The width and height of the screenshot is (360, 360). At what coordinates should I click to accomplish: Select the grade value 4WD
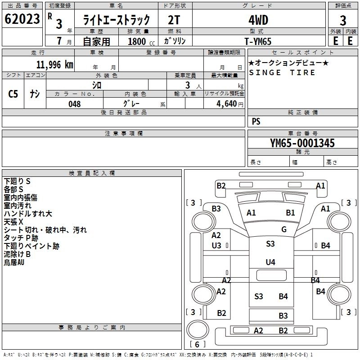coord(258,20)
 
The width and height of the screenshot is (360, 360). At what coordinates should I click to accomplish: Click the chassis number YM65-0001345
coord(302,143)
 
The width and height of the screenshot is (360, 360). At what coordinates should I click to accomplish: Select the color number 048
coord(75,104)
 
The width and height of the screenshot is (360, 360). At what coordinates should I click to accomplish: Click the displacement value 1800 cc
coord(138,41)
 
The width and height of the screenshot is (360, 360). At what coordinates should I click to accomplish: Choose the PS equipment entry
coord(256,121)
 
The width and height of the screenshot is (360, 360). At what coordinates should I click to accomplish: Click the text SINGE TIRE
coord(282,72)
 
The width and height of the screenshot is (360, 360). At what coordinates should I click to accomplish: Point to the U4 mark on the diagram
coord(270,262)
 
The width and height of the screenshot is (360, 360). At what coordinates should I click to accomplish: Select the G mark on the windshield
coord(283,229)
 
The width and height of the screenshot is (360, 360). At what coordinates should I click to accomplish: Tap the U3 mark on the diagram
coord(216,245)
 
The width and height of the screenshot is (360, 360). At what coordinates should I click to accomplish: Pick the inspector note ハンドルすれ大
coord(28,213)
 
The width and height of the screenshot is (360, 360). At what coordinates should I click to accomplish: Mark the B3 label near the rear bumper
coord(283,316)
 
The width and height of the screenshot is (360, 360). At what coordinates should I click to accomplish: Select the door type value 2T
coord(175,20)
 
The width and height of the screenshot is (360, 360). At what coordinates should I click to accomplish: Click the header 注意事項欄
coord(123,134)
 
